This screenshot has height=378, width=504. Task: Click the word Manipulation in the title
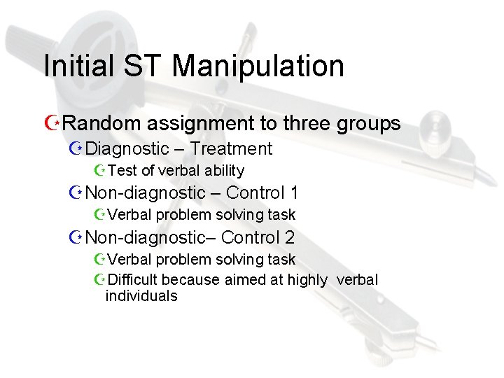pos(258,66)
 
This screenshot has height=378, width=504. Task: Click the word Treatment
pos(231,148)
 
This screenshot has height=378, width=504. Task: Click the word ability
pos(223,170)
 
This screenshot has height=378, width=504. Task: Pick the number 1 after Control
pos(294,192)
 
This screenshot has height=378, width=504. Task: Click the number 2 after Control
pos(289,237)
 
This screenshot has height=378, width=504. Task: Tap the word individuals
pos(141,295)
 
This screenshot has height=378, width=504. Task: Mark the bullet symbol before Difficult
pos(99,280)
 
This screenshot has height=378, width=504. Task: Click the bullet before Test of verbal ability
pos(99,170)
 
